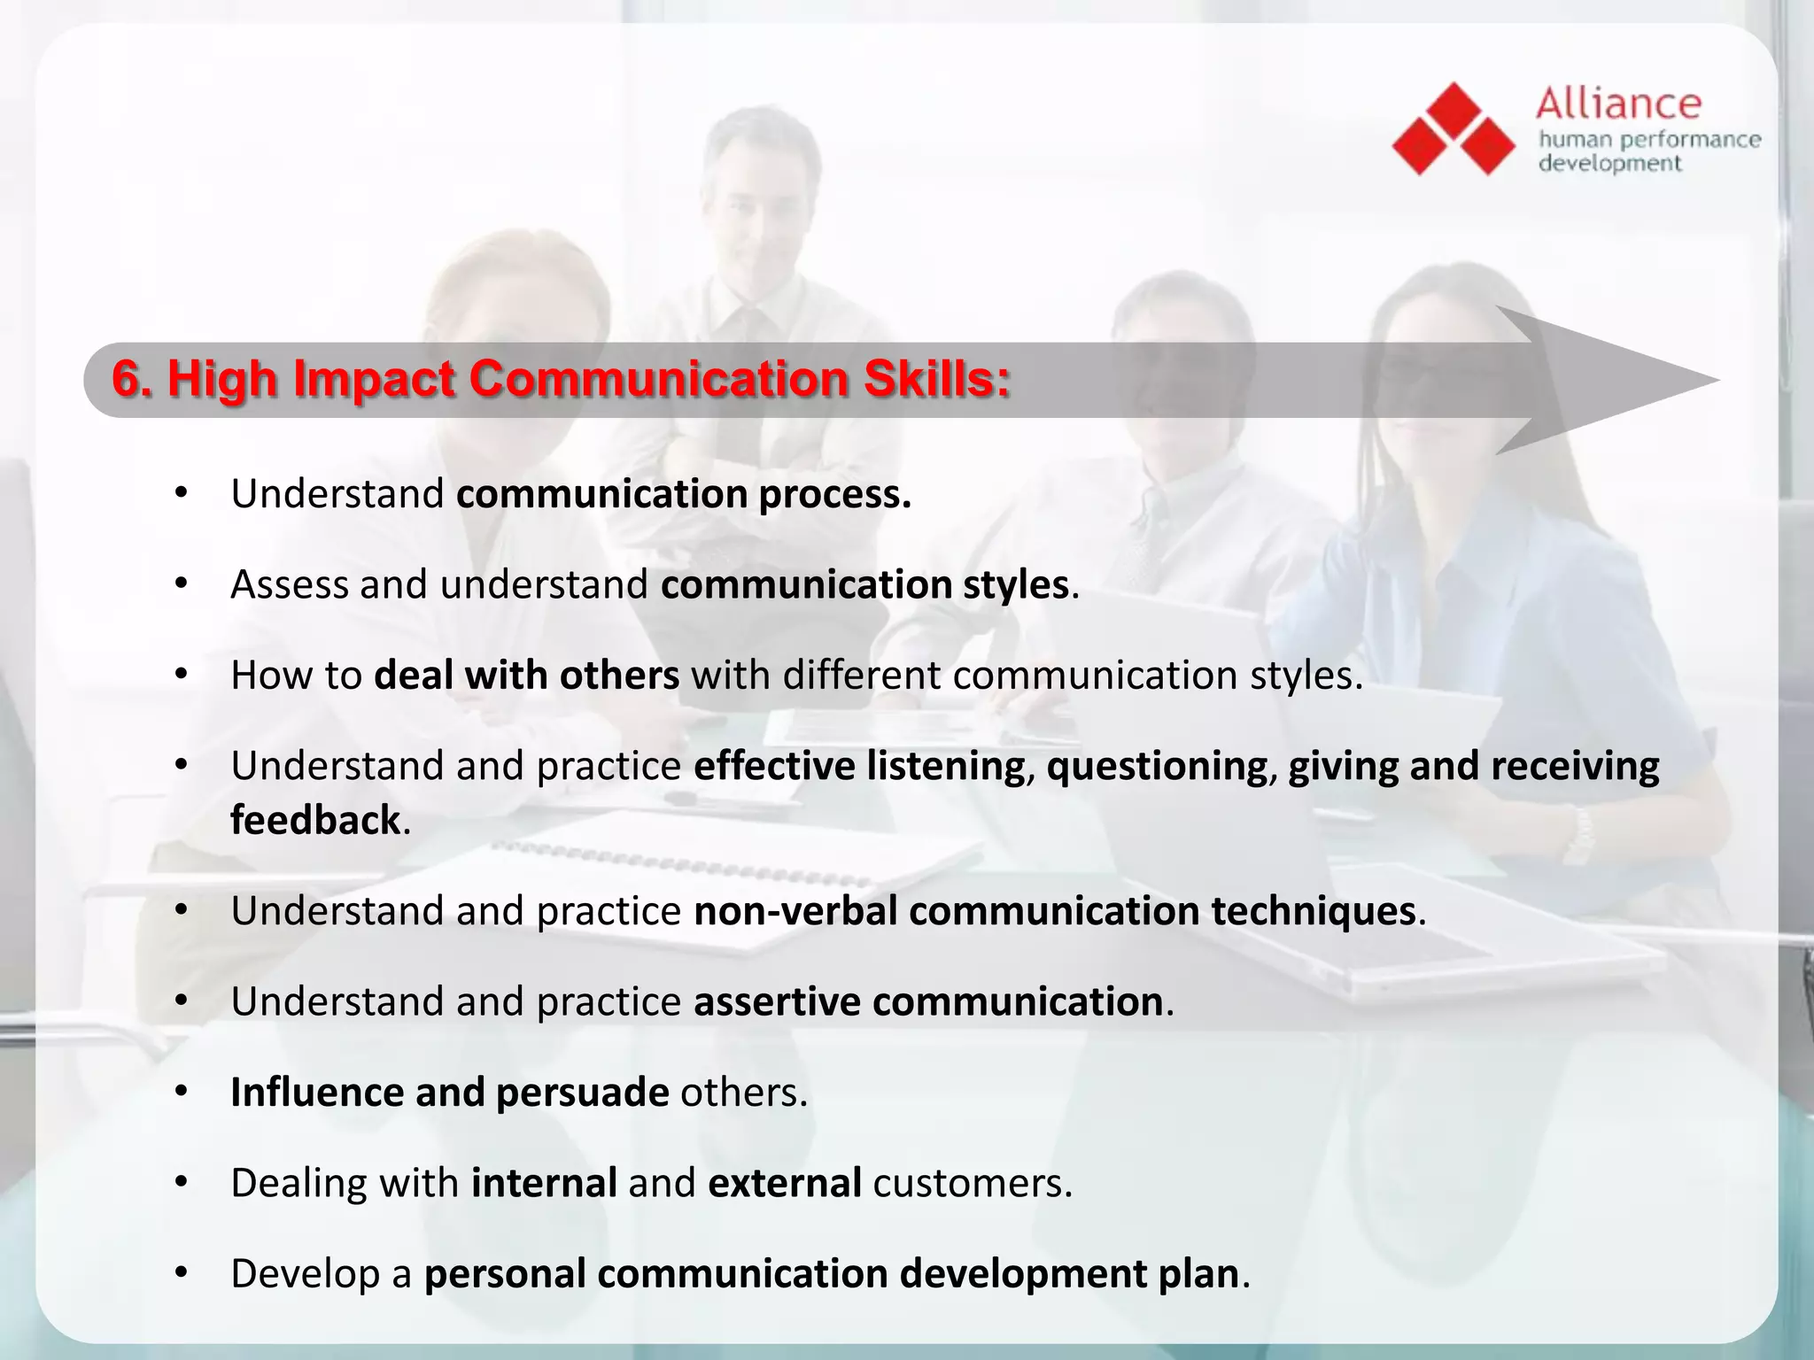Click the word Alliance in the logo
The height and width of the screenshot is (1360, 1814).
(x=1618, y=104)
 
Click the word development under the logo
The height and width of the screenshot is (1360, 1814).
(x=1609, y=164)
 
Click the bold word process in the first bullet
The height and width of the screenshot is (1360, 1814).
(x=834, y=495)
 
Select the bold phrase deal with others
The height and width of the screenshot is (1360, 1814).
(x=526, y=676)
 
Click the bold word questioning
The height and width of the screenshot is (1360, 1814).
(x=1157, y=767)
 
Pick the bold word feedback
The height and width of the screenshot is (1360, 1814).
(x=315, y=820)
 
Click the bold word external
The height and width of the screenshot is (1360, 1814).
(x=784, y=1184)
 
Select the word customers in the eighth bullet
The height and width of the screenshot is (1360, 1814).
(x=972, y=1184)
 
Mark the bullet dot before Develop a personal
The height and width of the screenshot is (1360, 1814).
(x=182, y=1273)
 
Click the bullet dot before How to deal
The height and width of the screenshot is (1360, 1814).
(x=182, y=675)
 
